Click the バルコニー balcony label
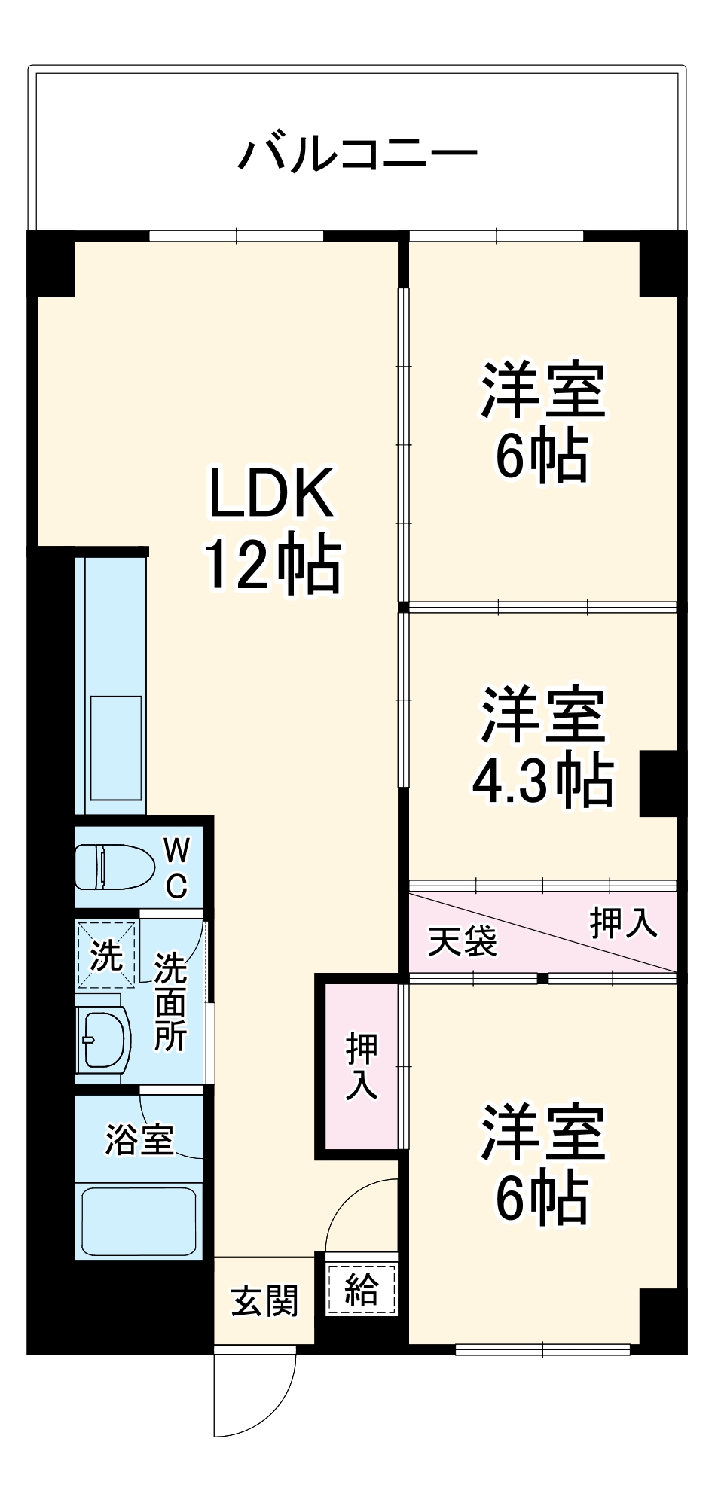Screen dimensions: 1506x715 coord(358,154)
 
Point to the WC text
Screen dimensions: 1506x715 coord(176,869)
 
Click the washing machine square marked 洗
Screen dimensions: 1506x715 coord(106,956)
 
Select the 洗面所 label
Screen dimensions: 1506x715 coord(170,1001)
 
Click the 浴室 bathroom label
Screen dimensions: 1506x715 coord(139,1139)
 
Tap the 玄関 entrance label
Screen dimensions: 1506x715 coord(264,1301)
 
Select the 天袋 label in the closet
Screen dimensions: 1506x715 coord(463,940)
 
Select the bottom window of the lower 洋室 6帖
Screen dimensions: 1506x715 coord(542,1349)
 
